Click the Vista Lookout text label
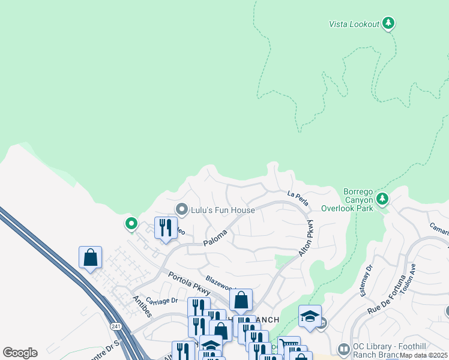tap(354, 24)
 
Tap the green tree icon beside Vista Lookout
tap(388, 23)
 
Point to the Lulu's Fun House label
tap(223, 210)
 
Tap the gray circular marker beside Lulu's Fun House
tap(181, 209)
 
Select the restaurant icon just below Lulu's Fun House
tap(166, 228)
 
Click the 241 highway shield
tap(115, 326)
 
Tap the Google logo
tap(20, 353)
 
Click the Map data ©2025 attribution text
tap(424, 355)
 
